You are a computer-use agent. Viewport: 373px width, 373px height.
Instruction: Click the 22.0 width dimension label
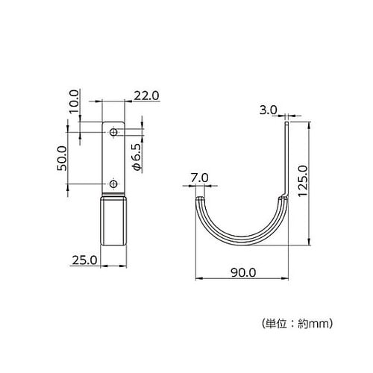click(146, 95)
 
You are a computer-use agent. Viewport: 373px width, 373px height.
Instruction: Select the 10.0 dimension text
click(74, 101)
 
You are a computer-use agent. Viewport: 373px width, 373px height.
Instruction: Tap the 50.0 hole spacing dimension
click(62, 158)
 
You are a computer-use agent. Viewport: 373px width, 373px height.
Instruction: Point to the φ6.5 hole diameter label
click(137, 157)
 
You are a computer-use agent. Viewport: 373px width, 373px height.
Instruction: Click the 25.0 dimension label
click(84, 260)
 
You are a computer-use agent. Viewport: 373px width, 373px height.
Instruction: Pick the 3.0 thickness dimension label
click(268, 110)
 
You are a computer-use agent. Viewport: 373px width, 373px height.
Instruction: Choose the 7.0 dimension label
click(199, 178)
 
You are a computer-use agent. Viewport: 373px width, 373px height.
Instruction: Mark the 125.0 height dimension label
click(303, 181)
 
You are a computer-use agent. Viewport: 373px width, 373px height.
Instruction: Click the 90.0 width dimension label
click(243, 273)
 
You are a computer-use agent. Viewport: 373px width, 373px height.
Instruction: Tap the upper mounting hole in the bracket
click(113, 132)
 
